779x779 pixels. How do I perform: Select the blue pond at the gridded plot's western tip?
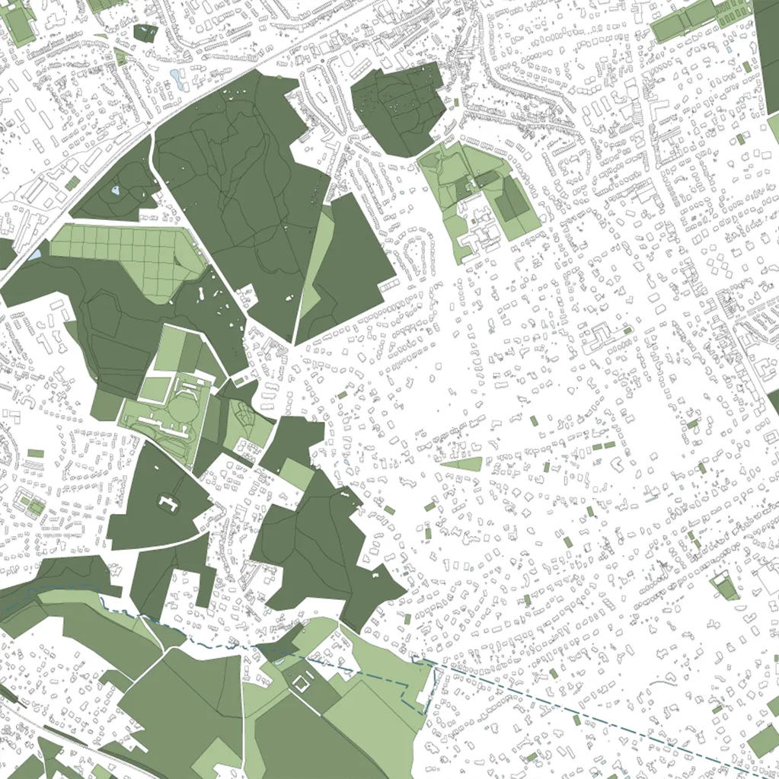36,254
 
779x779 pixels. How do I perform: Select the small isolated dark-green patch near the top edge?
145,32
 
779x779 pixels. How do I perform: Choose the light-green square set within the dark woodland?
297,474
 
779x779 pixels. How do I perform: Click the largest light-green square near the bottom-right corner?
763,741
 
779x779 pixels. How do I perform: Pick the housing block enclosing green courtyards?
30,503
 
